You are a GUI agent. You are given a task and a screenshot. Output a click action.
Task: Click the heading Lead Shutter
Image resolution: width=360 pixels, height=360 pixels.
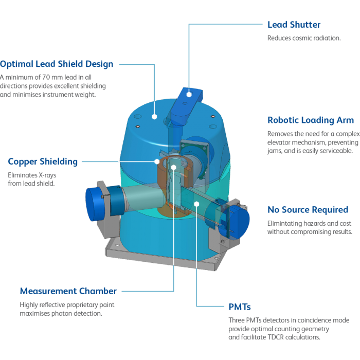point(294,25)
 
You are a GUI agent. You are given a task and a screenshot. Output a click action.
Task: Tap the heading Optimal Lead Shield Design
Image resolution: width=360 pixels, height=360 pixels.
point(57,64)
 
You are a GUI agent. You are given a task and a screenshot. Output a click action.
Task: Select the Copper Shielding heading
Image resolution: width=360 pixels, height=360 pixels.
point(43,161)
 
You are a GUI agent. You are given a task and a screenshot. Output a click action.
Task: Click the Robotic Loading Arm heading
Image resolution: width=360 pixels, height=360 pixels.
point(311,120)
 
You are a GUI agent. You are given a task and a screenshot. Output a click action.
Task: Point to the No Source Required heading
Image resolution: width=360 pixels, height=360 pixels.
point(308,210)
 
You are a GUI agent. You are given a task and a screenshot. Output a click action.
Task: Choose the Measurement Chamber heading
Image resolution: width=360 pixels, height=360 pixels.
point(68,291)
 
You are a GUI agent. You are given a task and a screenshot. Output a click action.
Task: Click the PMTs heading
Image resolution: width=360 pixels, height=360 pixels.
point(240,307)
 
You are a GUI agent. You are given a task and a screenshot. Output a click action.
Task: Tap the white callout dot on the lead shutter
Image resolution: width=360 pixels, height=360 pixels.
point(189,94)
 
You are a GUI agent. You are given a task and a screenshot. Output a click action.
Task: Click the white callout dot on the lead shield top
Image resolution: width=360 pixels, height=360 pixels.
point(154,117)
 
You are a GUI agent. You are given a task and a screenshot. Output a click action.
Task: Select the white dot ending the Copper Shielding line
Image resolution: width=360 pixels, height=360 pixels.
point(157,161)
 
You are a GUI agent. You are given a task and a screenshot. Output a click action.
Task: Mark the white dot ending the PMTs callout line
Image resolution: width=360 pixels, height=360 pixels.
point(196,204)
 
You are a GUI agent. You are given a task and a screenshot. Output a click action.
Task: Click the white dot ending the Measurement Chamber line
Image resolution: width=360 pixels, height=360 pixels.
point(174,167)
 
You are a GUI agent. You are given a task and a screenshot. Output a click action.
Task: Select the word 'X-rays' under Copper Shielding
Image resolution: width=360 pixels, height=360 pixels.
point(47,175)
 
